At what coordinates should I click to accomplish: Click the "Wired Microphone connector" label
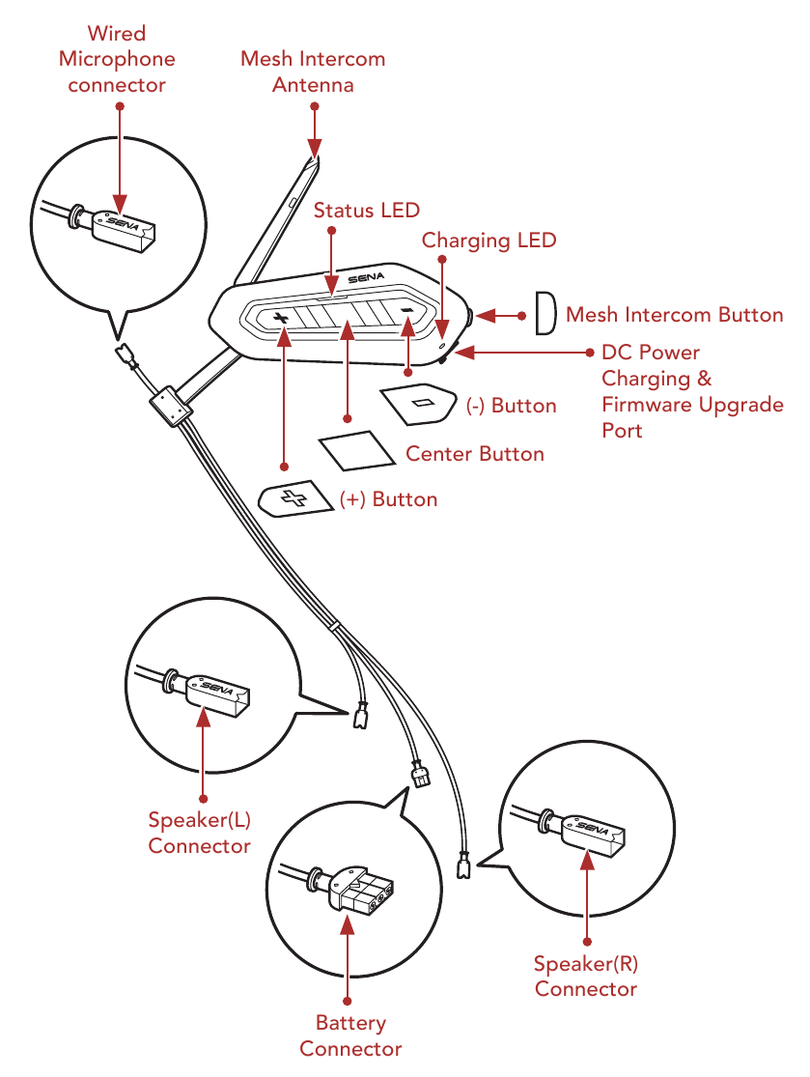click(117, 59)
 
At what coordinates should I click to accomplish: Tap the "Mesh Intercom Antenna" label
click(313, 71)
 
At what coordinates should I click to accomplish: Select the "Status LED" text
click(367, 210)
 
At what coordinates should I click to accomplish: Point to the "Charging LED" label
click(489, 240)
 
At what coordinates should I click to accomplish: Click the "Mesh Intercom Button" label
click(674, 315)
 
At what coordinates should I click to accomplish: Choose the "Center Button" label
click(474, 453)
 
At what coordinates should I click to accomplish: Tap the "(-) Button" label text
click(511, 406)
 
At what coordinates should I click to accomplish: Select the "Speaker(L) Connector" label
click(199, 833)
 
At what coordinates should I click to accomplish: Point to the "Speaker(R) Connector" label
click(586, 976)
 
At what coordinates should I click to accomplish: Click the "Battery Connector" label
click(350, 1035)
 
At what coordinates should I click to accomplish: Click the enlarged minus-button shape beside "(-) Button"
click(419, 402)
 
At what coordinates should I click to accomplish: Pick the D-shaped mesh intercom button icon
click(545, 315)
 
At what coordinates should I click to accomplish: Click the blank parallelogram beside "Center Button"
click(355, 449)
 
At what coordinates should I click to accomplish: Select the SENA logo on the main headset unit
click(366, 279)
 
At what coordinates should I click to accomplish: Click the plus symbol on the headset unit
click(281, 318)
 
